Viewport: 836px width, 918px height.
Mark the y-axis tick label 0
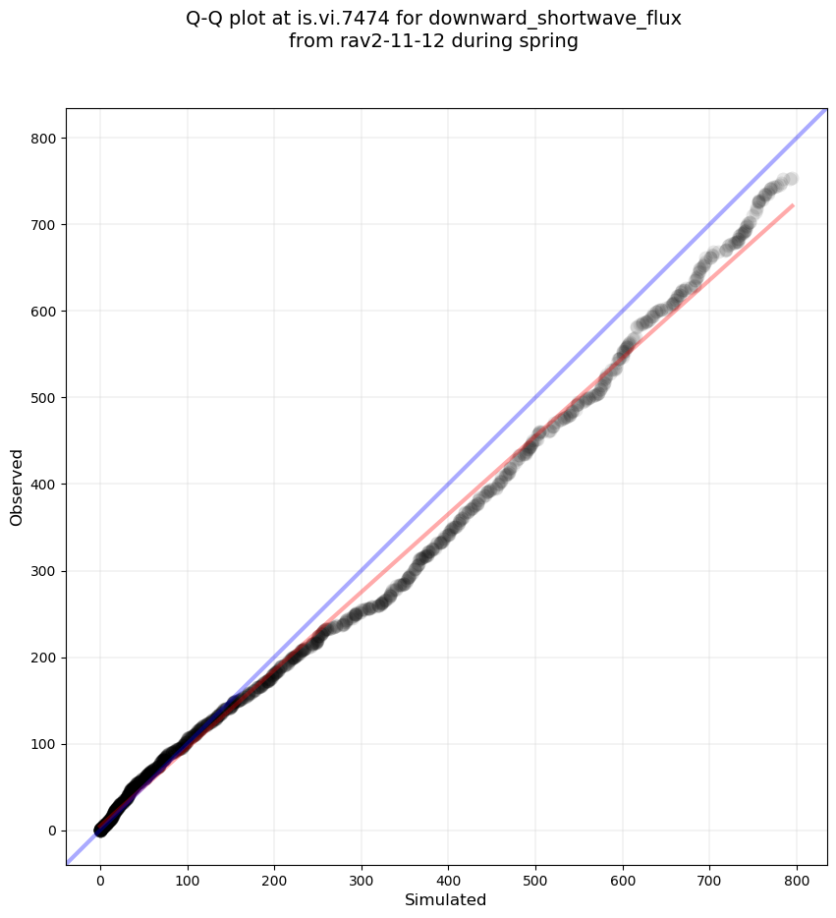pos(50,831)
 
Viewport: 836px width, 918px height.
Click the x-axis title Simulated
pos(446,899)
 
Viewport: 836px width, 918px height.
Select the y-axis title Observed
pos(17,487)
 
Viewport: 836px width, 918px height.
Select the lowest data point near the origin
pos(100,831)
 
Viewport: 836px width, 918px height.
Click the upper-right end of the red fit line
pos(792,205)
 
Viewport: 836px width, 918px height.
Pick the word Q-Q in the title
pos(206,18)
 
